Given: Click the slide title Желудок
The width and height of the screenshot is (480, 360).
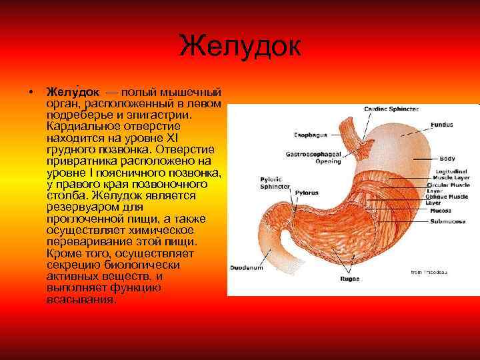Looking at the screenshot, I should pyautogui.click(x=240, y=47).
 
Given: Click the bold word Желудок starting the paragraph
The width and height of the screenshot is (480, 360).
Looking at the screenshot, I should pyautogui.click(x=73, y=91).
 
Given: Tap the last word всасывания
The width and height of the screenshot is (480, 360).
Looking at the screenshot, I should pyautogui.click(x=81, y=299).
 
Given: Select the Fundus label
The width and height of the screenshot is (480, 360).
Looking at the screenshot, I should pyautogui.click(x=441, y=125).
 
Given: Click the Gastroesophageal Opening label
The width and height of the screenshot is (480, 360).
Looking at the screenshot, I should pyautogui.click(x=319, y=157).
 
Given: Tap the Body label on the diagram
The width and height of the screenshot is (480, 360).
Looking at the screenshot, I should pyautogui.click(x=447, y=159).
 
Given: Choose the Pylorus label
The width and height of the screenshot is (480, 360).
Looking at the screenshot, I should pyautogui.click(x=307, y=191).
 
